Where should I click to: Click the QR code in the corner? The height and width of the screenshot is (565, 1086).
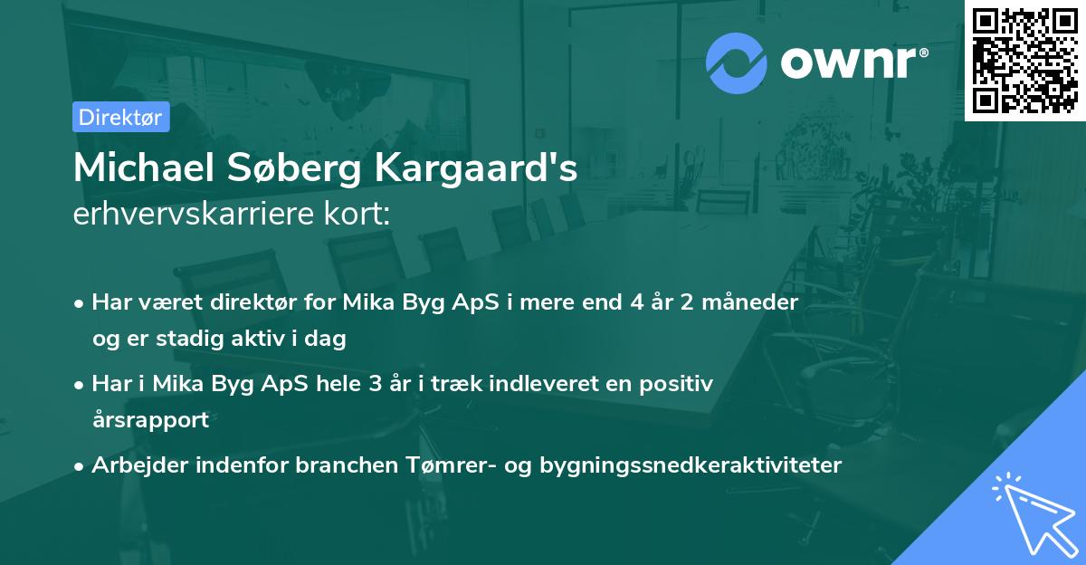point(1024,60)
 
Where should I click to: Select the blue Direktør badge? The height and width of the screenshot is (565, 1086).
point(120,117)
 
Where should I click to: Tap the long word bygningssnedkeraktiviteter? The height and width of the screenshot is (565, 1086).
point(691,465)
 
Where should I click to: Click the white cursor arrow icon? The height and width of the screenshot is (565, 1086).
point(1032,512)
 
